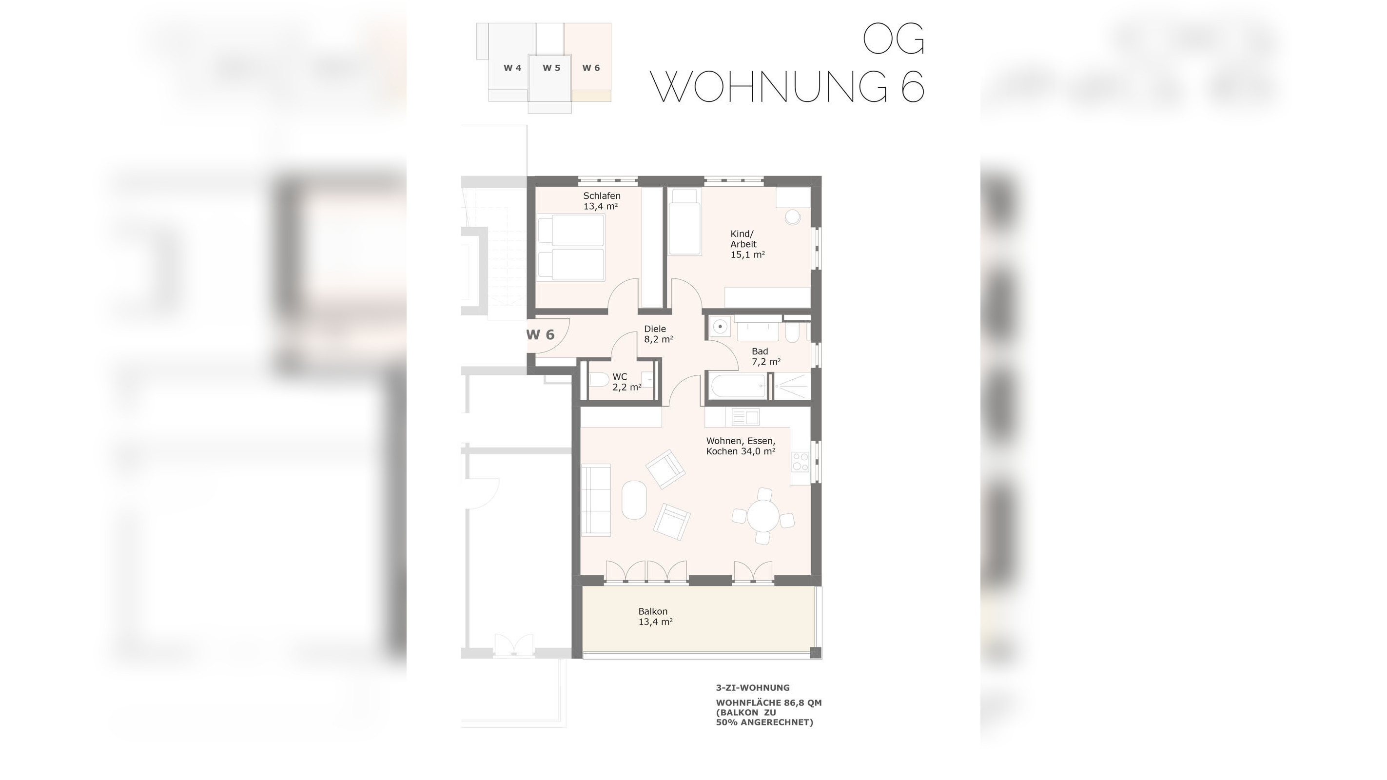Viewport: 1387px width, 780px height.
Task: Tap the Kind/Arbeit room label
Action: (x=747, y=244)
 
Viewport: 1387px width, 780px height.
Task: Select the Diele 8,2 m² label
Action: (x=658, y=334)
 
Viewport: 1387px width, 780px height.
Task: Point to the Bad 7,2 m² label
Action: (x=765, y=356)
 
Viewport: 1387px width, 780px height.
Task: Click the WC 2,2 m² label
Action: (x=626, y=382)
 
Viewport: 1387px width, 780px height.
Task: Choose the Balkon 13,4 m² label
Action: (x=655, y=616)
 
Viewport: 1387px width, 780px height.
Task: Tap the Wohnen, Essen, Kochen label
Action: (x=741, y=446)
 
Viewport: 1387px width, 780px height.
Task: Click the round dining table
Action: (x=763, y=516)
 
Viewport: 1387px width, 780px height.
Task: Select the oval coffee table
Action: (x=634, y=499)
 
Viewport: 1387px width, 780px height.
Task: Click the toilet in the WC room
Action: (x=599, y=381)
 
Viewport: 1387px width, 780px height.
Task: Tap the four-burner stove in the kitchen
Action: (x=800, y=462)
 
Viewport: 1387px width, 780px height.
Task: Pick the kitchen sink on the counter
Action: (x=745, y=417)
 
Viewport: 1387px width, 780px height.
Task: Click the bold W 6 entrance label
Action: (x=540, y=335)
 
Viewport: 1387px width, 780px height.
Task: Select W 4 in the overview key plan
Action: (x=512, y=68)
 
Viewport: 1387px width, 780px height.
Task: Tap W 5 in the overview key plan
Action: (x=551, y=68)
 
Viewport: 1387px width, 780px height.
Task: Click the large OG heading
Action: (x=893, y=39)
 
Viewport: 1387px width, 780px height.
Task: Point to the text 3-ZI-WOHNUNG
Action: (x=752, y=687)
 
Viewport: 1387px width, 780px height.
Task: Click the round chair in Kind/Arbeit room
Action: (x=793, y=217)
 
